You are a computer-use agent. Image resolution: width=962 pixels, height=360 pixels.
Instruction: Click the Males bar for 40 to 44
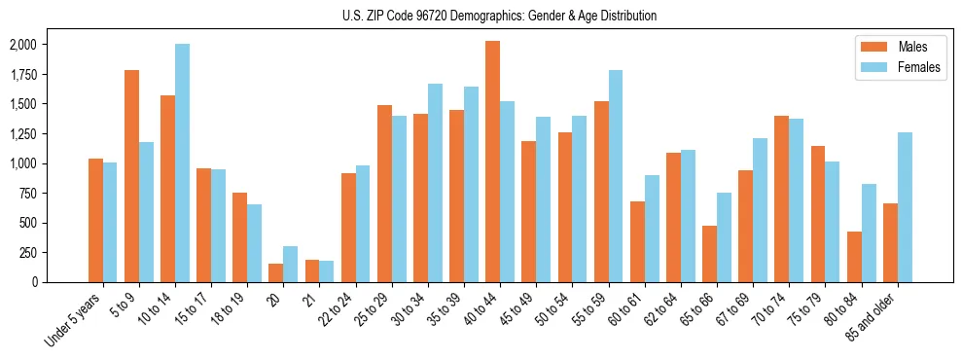coord(492,162)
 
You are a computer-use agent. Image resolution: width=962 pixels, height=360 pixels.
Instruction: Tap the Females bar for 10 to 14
coord(183,163)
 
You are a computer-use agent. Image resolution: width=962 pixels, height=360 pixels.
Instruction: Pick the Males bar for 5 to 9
coord(132,176)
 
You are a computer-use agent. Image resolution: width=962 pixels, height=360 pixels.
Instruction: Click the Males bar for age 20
coord(276,273)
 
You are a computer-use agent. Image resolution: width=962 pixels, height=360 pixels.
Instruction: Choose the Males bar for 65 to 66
coord(709,254)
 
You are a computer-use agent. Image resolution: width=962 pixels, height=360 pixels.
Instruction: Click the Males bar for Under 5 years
coord(95,220)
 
